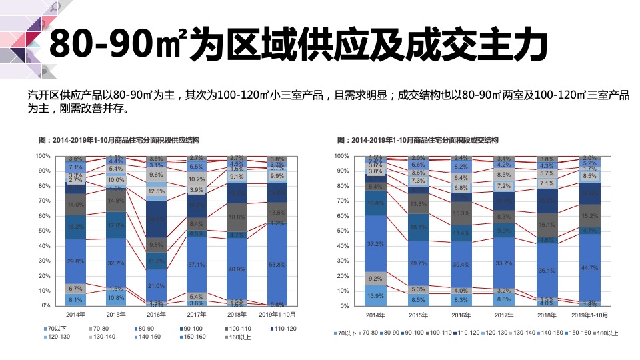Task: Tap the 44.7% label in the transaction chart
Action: (x=590, y=268)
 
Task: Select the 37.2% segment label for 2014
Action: (x=375, y=244)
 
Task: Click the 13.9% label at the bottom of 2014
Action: (x=375, y=295)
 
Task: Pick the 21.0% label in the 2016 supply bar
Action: (x=156, y=286)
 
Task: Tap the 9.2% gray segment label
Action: (x=375, y=279)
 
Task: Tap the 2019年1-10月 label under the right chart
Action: (x=590, y=315)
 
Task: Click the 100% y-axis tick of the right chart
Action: (x=341, y=156)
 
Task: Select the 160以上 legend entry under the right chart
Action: (x=607, y=333)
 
